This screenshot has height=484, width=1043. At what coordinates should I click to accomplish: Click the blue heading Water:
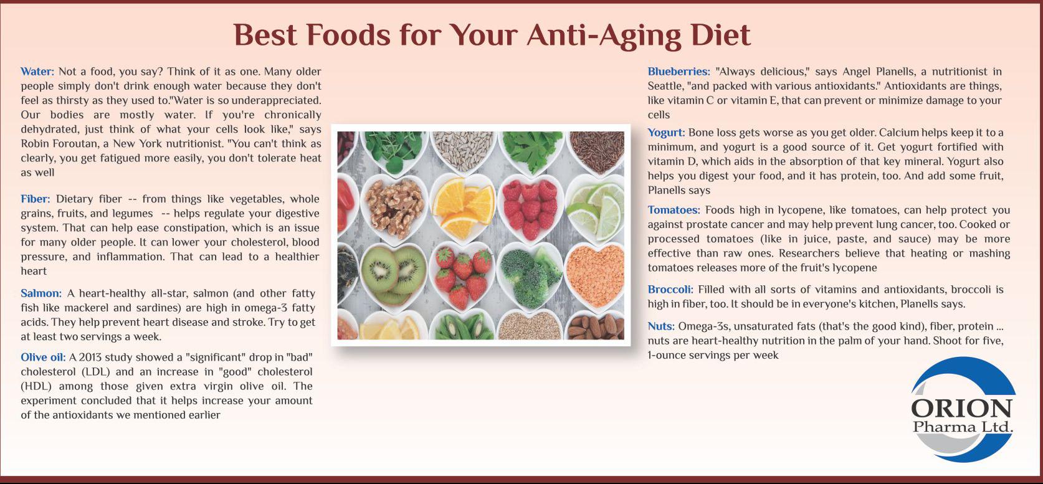pyautogui.click(x=37, y=72)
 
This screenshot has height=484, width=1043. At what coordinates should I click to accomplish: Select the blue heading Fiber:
pyautogui.click(x=36, y=199)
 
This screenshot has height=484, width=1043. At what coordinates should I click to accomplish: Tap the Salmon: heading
pyautogui.click(x=41, y=293)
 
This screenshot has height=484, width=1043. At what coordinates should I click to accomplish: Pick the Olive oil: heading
pyautogui.click(x=43, y=358)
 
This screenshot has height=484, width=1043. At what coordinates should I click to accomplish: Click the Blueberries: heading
pyautogui.click(x=679, y=72)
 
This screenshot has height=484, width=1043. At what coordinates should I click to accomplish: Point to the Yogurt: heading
pyautogui.click(x=666, y=133)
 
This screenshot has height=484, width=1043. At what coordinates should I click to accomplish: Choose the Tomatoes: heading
pyautogui.click(x=674, y=211)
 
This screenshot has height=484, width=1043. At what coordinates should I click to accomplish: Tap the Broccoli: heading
pyautogui.click(x=670, y=290)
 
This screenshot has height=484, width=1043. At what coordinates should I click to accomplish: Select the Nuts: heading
pyautogui.click(x=661, y=326)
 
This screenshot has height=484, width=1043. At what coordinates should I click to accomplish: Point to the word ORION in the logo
pyautogui.click(x=961, y=409)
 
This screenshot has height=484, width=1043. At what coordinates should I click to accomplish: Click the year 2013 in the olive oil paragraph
pyautogui.click(x=90, y=358)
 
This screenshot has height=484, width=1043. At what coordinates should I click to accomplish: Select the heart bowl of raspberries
pyautogui.click(x=530, y=208)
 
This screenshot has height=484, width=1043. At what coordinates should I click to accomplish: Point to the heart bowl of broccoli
pyautogui.click(x=530, y=277)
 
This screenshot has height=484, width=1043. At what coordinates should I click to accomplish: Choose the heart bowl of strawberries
pyautogui.click(x=462, y=277)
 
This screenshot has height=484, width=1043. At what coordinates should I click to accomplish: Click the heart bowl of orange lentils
pyautogui.click(x=596, y=277)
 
